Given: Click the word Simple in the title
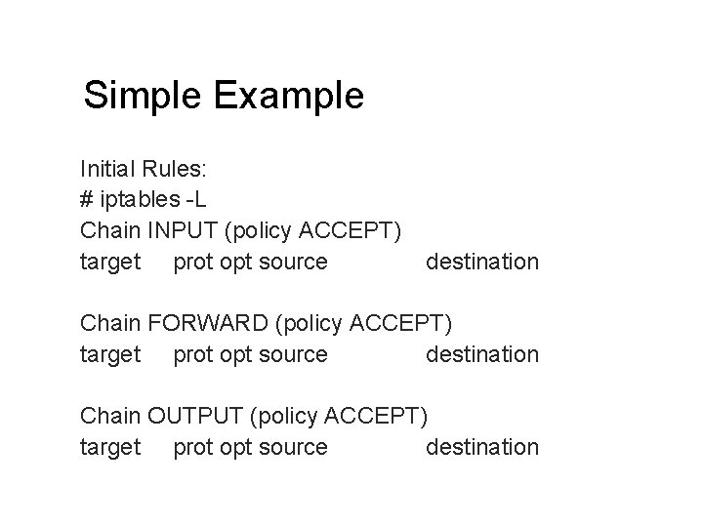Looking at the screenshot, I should click(x=141, y=97).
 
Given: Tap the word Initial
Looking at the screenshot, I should click(x=110, y=169).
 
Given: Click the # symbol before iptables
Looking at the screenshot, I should click(x=87, y=200).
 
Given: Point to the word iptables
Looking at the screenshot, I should click(x=139, y=200).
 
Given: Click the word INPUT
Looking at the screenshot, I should click(x=185, y=231).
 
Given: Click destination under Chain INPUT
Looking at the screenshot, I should click(x=482, y=262).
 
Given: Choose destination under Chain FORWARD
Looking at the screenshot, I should click(x=482, y=354).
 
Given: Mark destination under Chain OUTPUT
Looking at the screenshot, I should click(x=482, y=447).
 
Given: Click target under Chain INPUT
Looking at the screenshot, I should click(x=109, y=263).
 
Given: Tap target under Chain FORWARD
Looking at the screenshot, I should click(x=109, y=355).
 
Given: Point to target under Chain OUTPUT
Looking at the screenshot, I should click(x=109, y=448).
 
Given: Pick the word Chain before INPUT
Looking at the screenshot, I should click(x=110, y=231).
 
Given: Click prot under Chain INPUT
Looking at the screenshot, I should click(x=193, y=263).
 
